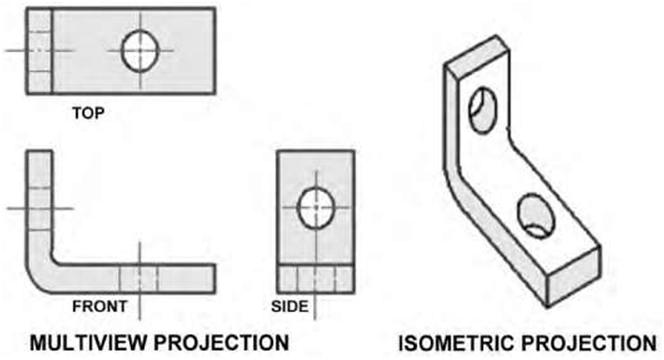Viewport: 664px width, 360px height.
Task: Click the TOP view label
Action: (88, 113)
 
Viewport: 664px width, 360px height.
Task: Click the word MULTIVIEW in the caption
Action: (86, 341)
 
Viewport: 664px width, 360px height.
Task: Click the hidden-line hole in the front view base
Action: (139, 275)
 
